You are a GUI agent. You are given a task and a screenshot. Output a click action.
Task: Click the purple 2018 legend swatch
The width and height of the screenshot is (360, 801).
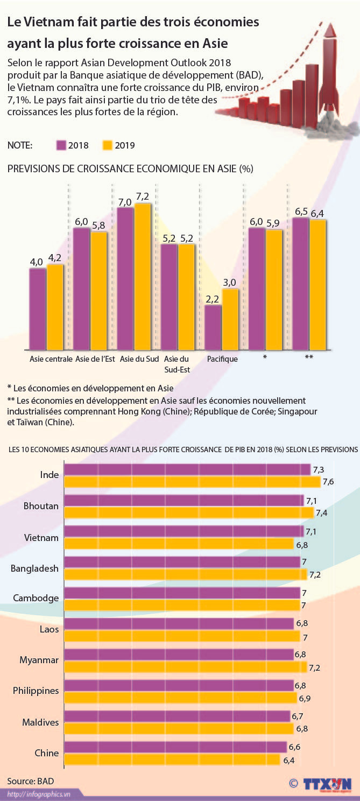(x=61, y=145)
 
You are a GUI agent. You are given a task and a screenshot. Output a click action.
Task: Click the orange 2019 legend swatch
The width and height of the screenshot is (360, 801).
(x=108, y=145)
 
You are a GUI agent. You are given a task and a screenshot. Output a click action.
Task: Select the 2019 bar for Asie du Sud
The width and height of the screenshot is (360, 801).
(x=143, y=276)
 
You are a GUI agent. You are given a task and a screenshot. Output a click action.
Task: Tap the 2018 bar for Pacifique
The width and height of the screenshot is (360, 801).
(x=213, y=327)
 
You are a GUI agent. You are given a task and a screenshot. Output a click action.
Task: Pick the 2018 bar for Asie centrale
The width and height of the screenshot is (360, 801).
(x=38, y=308)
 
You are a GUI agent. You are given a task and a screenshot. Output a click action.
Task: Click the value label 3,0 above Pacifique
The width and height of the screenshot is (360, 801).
(x=230, y=283)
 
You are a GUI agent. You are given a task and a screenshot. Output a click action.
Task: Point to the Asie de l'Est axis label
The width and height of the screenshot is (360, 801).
(x=95, y=360)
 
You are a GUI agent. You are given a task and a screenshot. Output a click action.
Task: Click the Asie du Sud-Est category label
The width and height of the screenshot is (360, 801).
(x=176, y=364)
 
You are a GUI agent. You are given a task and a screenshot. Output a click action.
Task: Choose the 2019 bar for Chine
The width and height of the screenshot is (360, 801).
(x=173, y=760)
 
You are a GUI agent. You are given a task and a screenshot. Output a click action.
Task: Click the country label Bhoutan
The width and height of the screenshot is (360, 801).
(x=41, y=506)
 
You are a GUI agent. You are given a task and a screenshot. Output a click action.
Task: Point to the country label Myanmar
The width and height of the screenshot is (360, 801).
(x=39, y=660)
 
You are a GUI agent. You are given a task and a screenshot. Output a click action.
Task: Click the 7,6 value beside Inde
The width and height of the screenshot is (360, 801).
(x=328, y=482)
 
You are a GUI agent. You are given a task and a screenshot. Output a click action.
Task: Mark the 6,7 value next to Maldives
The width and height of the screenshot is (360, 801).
(x=298, y=716)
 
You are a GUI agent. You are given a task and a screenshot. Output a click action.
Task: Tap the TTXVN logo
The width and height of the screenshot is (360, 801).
(x=326, y=784)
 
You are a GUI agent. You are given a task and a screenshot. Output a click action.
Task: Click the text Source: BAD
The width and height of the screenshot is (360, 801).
(x=31, y=781)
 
